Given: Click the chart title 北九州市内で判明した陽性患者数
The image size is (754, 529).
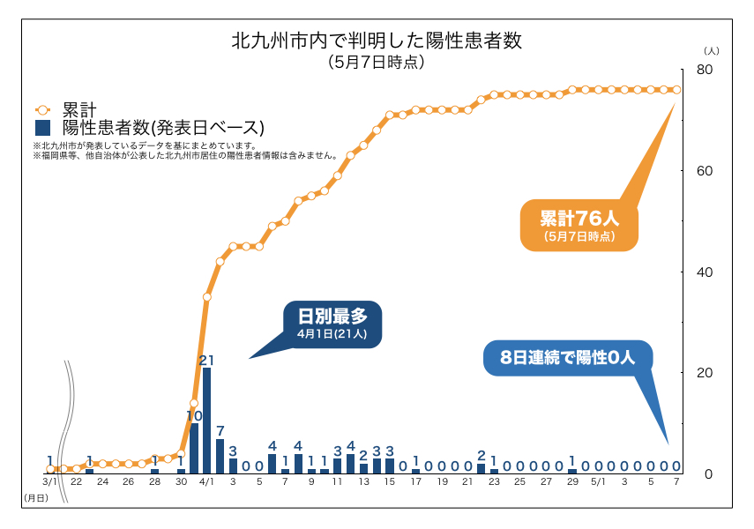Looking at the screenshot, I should pyautogui.click(x=377, y=41).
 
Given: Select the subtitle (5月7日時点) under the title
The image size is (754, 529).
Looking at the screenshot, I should pyautogui.click(x=377, y=63).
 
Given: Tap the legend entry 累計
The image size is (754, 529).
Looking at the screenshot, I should pyautogui.click(x=78, y=109).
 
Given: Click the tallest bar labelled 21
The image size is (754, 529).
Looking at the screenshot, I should pyautogui.click(x=206, y=420).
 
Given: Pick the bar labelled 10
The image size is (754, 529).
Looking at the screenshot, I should pyautogui.click(x=194, y=448).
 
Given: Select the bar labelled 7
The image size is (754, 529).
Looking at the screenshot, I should pyautogui.click(x=220, y=456).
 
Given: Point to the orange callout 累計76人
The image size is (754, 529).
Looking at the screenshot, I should pyautogui.click(x=578, y=226).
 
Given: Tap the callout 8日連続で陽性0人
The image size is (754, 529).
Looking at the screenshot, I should pyautogui.click(x=567, y=358).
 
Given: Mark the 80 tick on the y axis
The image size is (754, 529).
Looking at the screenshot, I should pyautogui.click(x=704, y=70).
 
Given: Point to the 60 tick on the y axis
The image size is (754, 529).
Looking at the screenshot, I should pyautogui.click(x=704, y=171).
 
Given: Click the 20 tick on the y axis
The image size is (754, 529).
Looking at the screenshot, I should pyautogui.click(x=704, y=373).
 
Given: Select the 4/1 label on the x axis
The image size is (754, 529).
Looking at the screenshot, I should pyautogui.click(x=206, y=482).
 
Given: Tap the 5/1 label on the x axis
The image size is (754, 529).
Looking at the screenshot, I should pyautogui.click(x=598, y=482).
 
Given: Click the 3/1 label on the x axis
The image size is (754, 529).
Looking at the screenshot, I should pyautogui.click(x=50, y=482).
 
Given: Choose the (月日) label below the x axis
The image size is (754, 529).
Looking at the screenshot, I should pyautogui.click(x=35, y=499).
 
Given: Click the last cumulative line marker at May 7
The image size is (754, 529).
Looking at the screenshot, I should pyautogui.click(x=676, y=89).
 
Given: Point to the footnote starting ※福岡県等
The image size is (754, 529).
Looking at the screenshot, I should pyautogui.click(x=185, y=155).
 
